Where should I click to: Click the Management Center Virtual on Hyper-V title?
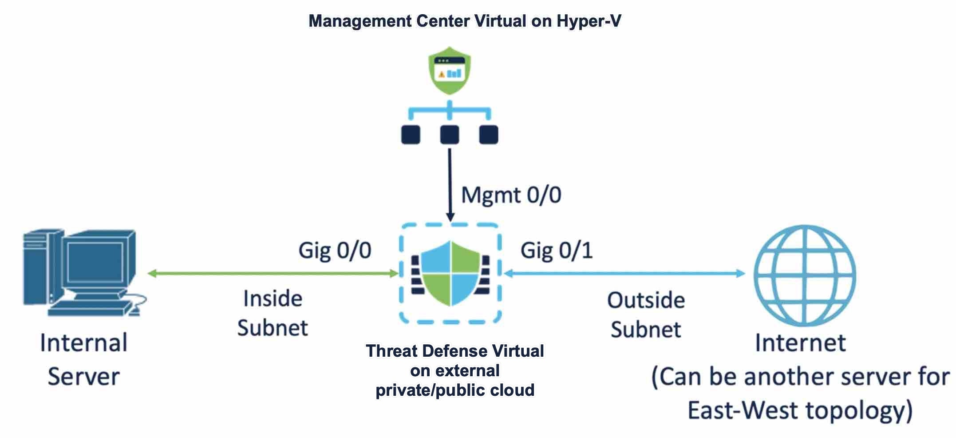pyautogui.click(x=464, y=21)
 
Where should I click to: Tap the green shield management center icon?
pyautogui.click(x=449, y=71)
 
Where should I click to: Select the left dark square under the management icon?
pyautogui.click(x=411, y=135)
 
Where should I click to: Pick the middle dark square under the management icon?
pyautogui.click(x=449, y=135)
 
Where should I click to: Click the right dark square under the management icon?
pyautogui.click(x=489, y=135)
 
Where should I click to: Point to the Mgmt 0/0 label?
pyautogui.click(x=511, y=195)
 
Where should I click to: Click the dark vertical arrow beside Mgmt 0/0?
pyautogui.click(x=450, y=184)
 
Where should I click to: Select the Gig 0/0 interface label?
pyautogui.click(x=335, y=251)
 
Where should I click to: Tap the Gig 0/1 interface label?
pyautogui.click(x=556, y=251)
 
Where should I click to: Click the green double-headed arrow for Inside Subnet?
pyautogui.click(x=273, y=274)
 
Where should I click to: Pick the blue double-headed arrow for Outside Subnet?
pyautogui.click(x=625, y=274)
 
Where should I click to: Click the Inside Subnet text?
pyautogui.click(x=273, y=313)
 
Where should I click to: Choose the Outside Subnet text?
pyautogui.click(x=646, y=315)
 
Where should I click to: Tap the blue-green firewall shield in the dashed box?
pyautogui.click(x=450, y=274)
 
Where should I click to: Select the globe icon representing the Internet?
pyautogui.click(x=804, y=275)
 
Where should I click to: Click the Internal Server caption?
pyautogui.click(x=83, y=359)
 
